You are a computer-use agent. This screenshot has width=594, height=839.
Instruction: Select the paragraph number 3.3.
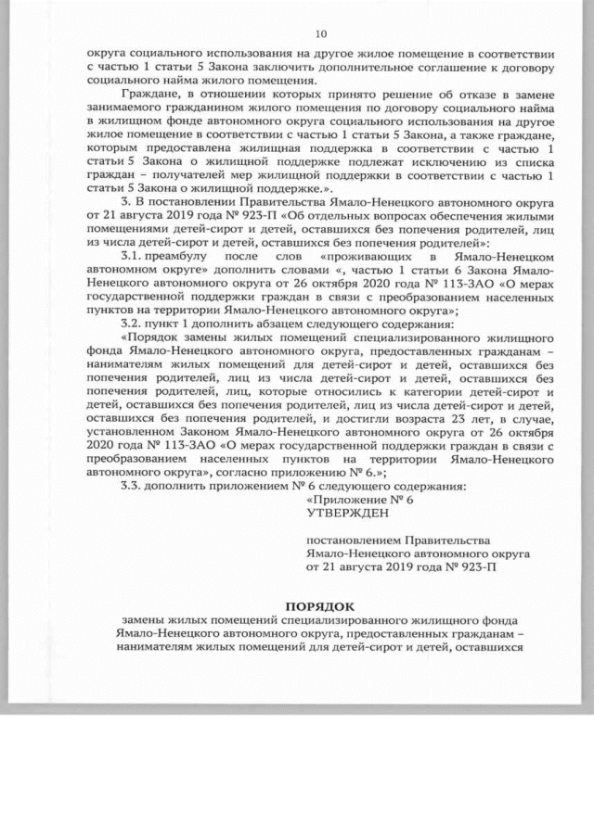click(135, 487)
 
